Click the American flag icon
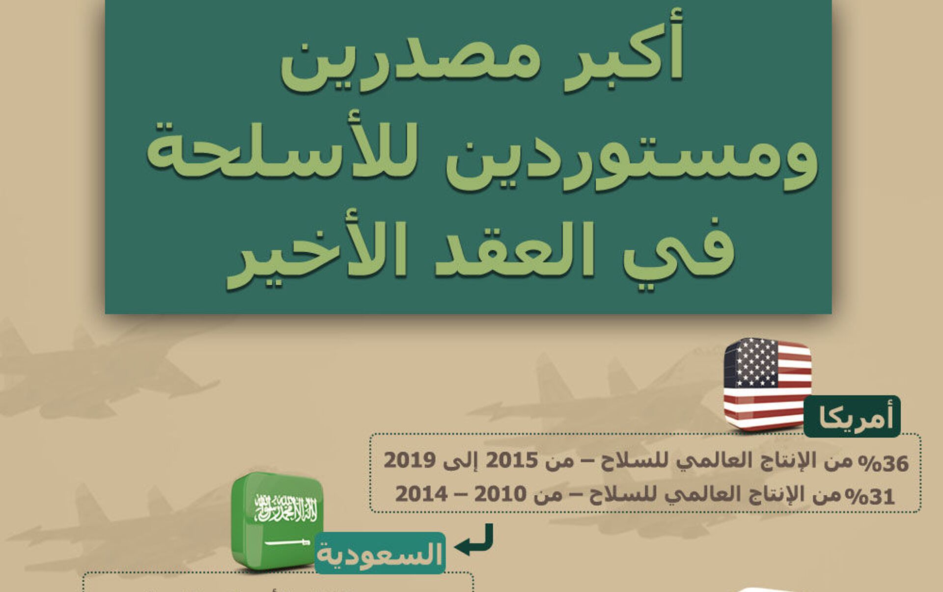[x=767, y=384]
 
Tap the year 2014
[x=421, y=494]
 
